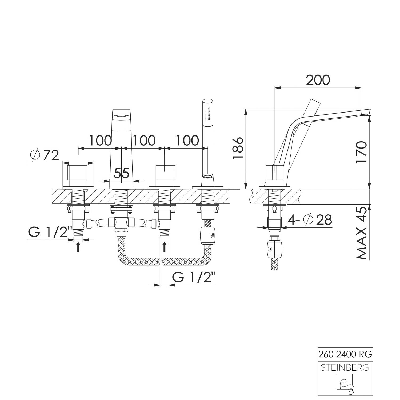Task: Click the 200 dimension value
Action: tap(318, 80)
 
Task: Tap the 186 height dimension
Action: tap(238, 148)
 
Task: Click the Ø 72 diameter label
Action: tap(45, 155)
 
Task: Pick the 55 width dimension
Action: tap(122, 173)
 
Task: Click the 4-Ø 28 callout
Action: tap(310, 220)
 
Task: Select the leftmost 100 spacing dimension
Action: tap(100, 141)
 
